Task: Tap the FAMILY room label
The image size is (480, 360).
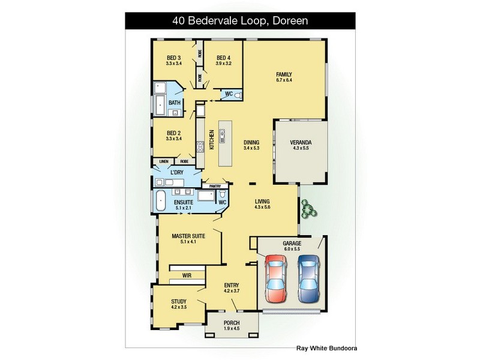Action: (x=284, y=75)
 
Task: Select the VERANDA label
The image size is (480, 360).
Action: (x=300, y=143)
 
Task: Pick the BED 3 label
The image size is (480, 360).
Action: (x=174, y=58)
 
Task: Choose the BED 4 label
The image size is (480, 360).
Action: (x=224, y=58)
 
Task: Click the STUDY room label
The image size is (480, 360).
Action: (x=178, y=301)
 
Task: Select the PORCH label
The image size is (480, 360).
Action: (x=232, y=323)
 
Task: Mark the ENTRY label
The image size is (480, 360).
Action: (x=232, y=285)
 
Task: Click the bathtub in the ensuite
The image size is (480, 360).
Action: (x=160, y=202)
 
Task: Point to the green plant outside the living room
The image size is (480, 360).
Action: (x=308, y=208)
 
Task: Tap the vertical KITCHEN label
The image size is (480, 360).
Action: (x=211, y=140)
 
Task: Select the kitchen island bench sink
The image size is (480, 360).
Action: (x=222, y=136)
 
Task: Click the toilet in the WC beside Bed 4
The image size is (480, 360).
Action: (x=237, y=95)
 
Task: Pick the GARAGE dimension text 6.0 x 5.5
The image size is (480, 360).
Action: (x=292, y=250)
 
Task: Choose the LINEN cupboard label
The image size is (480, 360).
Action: (x=164, y=161)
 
